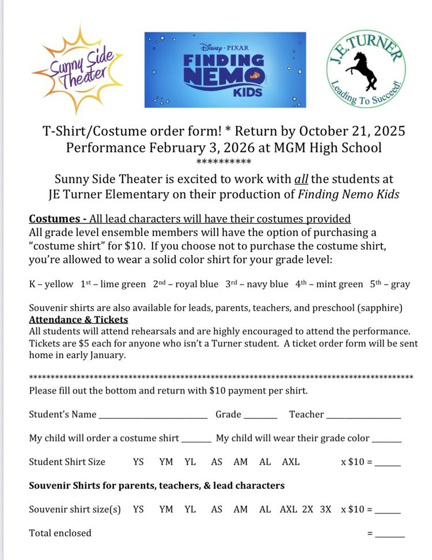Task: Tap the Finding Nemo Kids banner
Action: [x=225, y=70]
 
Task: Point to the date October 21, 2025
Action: [x=351, y=131]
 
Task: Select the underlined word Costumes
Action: [x=54, y=219]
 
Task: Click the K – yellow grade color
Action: [x=51, y=284]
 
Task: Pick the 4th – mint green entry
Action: [x=329, y=284]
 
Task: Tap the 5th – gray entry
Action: [x=390, y=284]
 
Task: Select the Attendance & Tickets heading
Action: [x=78, y=319]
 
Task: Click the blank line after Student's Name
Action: [x=153, y=417]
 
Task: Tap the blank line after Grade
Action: [x=260, y=417]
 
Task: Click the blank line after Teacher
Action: [x=363, y=417]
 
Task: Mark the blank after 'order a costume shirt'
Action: [x=196, y=440]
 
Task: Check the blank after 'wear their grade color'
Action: [x=386, y=440]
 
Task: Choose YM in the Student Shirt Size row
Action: [x=166, y=462]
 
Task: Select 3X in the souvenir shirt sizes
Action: [x=326, y=509]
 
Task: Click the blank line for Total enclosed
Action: [x=389, y=535]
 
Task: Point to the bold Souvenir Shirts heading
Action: [x=157, y=486]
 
